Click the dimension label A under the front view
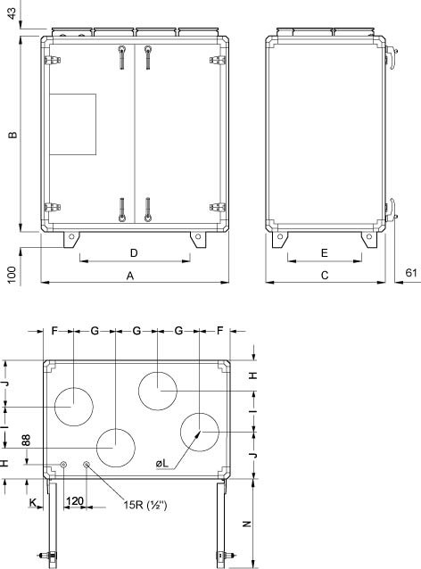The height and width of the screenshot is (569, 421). pos(130,276)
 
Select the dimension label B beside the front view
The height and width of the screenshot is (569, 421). pos(12,136)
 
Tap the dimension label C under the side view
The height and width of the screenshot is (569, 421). pos(325,276)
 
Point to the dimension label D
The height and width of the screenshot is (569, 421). pos(134,252)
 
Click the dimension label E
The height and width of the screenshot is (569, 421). pos(325,252)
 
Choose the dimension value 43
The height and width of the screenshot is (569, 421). pos(12,16)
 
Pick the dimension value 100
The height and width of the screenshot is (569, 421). pos(12,274)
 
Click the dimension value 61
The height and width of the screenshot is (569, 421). pos(411,273)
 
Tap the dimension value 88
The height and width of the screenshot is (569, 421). pos(26,439)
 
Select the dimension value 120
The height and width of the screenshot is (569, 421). pos(75,503)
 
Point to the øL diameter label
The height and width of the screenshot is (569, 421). pos(162,463)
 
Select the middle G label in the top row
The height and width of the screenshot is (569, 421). pos(136,331)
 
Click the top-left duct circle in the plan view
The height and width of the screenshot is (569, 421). pos(75,407)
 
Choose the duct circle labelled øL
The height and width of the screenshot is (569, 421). pos(200,432)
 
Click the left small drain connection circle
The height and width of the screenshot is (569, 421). pos(65,464)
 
